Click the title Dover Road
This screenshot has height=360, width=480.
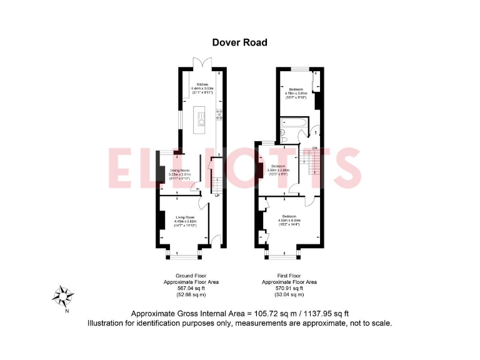tap(239, 42)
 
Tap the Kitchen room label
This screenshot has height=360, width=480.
tap(202, 84)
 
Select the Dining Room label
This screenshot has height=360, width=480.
tap(180, 170)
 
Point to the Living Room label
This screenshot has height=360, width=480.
tap(185, 217)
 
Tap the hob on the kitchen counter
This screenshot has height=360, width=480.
tap(219, 114)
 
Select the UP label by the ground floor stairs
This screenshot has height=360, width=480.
tap(217, 195)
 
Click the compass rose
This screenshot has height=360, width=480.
tap(63, 294)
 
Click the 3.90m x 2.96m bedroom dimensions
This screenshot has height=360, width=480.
tap(278, 170)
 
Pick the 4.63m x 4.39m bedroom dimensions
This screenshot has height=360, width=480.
tap(288, 221)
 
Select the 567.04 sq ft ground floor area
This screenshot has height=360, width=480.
tap(192, 288)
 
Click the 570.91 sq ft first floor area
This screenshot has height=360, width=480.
tap(288, 288)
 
